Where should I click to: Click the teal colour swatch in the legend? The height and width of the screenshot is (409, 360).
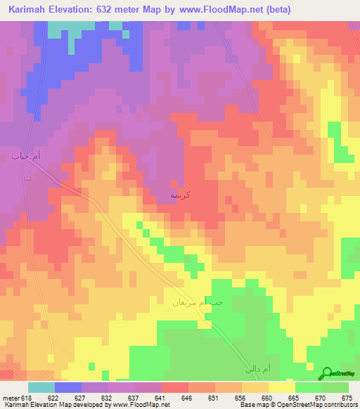[41, 387]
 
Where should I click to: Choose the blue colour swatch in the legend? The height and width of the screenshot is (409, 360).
[68, 387]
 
